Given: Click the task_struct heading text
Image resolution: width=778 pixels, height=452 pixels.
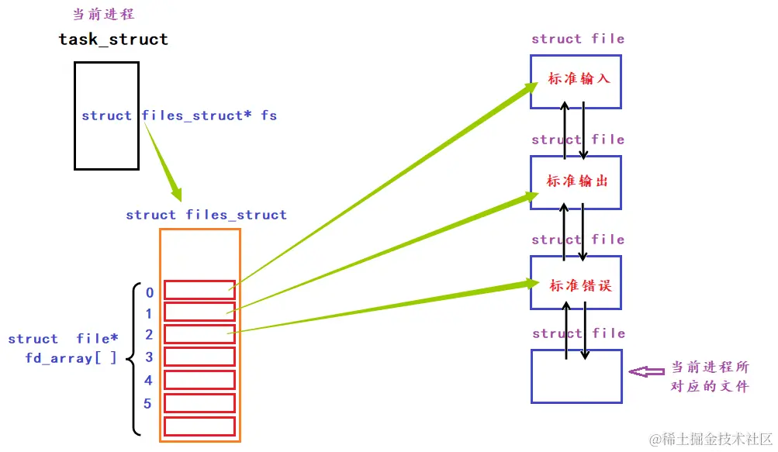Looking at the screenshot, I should pyautogui.click(x=113, y=39).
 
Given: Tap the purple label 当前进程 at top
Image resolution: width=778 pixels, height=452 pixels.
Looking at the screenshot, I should pyautogui.click(x=102, y=14).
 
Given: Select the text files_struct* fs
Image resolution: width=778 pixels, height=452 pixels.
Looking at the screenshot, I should pyautogui.click(x=209, y=116).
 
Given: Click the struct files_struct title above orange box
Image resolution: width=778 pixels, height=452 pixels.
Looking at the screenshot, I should pyautogui.click(x=206, y=215).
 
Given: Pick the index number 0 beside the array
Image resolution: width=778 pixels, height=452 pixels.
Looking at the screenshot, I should pyautogui.click(x=149, y=293).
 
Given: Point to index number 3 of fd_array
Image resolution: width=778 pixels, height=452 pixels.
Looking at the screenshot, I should pyautogui.click(x=149, y=357).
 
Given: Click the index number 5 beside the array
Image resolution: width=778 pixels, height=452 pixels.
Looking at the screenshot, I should pyautogui.click(x=149, y=404).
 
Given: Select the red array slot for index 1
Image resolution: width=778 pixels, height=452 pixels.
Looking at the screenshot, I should pyautogui.click(x=199, y=312).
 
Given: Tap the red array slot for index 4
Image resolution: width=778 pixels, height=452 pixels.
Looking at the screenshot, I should pyautogui.click(x=199, y=380).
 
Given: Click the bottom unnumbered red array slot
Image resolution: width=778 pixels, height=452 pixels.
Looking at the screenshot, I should pyautogui.click(x=199, y=426).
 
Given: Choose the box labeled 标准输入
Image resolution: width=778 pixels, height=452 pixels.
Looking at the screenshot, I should pyautogui.click(x=576, y=82).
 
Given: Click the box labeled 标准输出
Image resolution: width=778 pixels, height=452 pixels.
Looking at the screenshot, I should pyautogui.click(x=576, y=182).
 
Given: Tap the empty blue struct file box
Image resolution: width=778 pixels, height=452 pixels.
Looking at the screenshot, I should pyautogui.click(x=576, y=376).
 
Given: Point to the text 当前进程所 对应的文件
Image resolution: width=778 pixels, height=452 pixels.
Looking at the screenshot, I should pyautogui.click(x=709, y=376).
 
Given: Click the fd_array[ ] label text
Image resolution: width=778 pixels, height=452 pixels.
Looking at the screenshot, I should pyautogui.click(x=71, y=357).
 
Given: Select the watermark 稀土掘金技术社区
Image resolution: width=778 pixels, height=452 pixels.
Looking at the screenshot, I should pyautogui.click(x=710, y=439).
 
